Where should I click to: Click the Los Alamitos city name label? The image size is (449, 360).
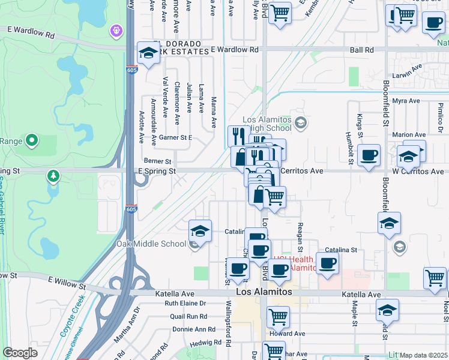click(264, 292)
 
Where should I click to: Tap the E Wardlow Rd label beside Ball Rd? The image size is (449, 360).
click(234, 50)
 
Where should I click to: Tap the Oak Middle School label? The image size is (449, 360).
click(151, 244)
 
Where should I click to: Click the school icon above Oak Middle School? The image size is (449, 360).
click(200, 230)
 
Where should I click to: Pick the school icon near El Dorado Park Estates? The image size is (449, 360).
click(148, 53)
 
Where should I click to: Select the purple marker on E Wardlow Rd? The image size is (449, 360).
click(116, 29)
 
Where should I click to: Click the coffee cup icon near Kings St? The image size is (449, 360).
click(369, 155)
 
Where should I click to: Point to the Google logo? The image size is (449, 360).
click(19, 353)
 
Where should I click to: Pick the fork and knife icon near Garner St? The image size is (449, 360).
click(238, 136)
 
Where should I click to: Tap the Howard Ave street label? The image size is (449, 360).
click(288, 334)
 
